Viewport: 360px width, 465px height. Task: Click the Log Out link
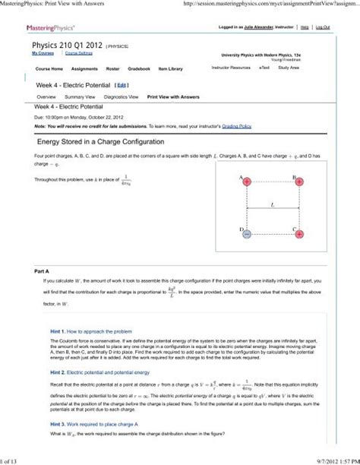click(323, 27)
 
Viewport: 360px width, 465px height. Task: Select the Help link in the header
click(304, 27)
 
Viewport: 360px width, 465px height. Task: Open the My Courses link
click(43, 54)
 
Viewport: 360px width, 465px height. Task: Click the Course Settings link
click(78, 54)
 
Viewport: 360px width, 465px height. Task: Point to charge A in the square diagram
click(247, 182)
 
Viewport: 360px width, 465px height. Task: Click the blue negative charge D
click(247, 234)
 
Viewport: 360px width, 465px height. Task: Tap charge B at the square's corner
click(300, 182)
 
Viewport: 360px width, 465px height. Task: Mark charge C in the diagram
click(300, 234)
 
